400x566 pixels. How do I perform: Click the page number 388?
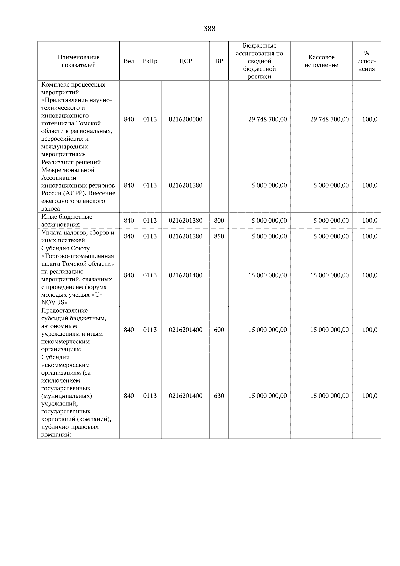(x=209, y=29)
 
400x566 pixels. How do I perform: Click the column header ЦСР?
(x=186, y=61)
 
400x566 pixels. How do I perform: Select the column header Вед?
(x=129, y=61)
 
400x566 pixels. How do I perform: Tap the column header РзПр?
(x=150, y=61)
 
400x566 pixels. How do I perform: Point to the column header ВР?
(x=219, y=61)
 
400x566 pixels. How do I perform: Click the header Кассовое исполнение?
(x=321, y=61)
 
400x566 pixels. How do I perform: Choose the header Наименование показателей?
(x=78, y=61)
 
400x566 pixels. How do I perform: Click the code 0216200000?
(x=186, y=119)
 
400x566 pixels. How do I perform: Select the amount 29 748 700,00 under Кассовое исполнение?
(x=329, y=119)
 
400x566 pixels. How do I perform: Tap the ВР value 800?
(x=219, y=220)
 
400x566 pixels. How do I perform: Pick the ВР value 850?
(x=219, y=236)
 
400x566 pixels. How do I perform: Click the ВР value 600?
(x=219, y=330)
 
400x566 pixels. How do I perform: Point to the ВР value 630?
(x=219, y=396)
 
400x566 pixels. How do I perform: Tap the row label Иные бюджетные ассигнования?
(x=67, y=220)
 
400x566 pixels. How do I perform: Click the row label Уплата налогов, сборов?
(x=78, y=233)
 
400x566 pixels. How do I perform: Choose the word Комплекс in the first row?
(x=54, y=85)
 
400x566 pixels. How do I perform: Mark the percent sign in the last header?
(x=367, y=53)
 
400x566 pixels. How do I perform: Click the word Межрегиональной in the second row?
(x=68, y=170)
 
